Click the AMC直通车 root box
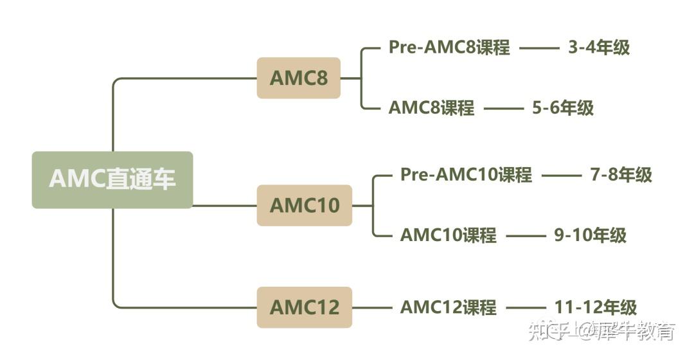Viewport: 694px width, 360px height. [112, 179]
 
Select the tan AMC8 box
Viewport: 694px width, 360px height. [298, 78]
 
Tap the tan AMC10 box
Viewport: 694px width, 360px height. [304, 205]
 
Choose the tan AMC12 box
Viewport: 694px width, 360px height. [304, 307]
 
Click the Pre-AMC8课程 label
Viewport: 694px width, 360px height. [449, 48]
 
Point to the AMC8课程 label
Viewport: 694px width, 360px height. [431, 107]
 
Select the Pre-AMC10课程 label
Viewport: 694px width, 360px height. [466, 175]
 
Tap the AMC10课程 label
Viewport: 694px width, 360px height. [448, 235]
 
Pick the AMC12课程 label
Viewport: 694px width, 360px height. [448, 307]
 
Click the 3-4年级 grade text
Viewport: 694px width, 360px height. [599, 48]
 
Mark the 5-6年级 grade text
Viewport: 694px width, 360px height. [563, 107]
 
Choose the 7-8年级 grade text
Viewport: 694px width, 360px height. [621, 175]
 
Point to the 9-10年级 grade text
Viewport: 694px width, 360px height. [590, 235]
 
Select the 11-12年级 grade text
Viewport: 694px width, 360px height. [596, 307]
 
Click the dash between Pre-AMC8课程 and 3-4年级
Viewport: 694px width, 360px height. [539, 48]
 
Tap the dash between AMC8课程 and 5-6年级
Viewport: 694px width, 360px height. [503, 108]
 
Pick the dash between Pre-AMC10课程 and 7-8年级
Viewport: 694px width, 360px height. [561, 175]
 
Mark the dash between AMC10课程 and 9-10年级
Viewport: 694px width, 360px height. [525, 235]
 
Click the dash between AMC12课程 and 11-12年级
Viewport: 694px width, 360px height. [525, 308]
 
